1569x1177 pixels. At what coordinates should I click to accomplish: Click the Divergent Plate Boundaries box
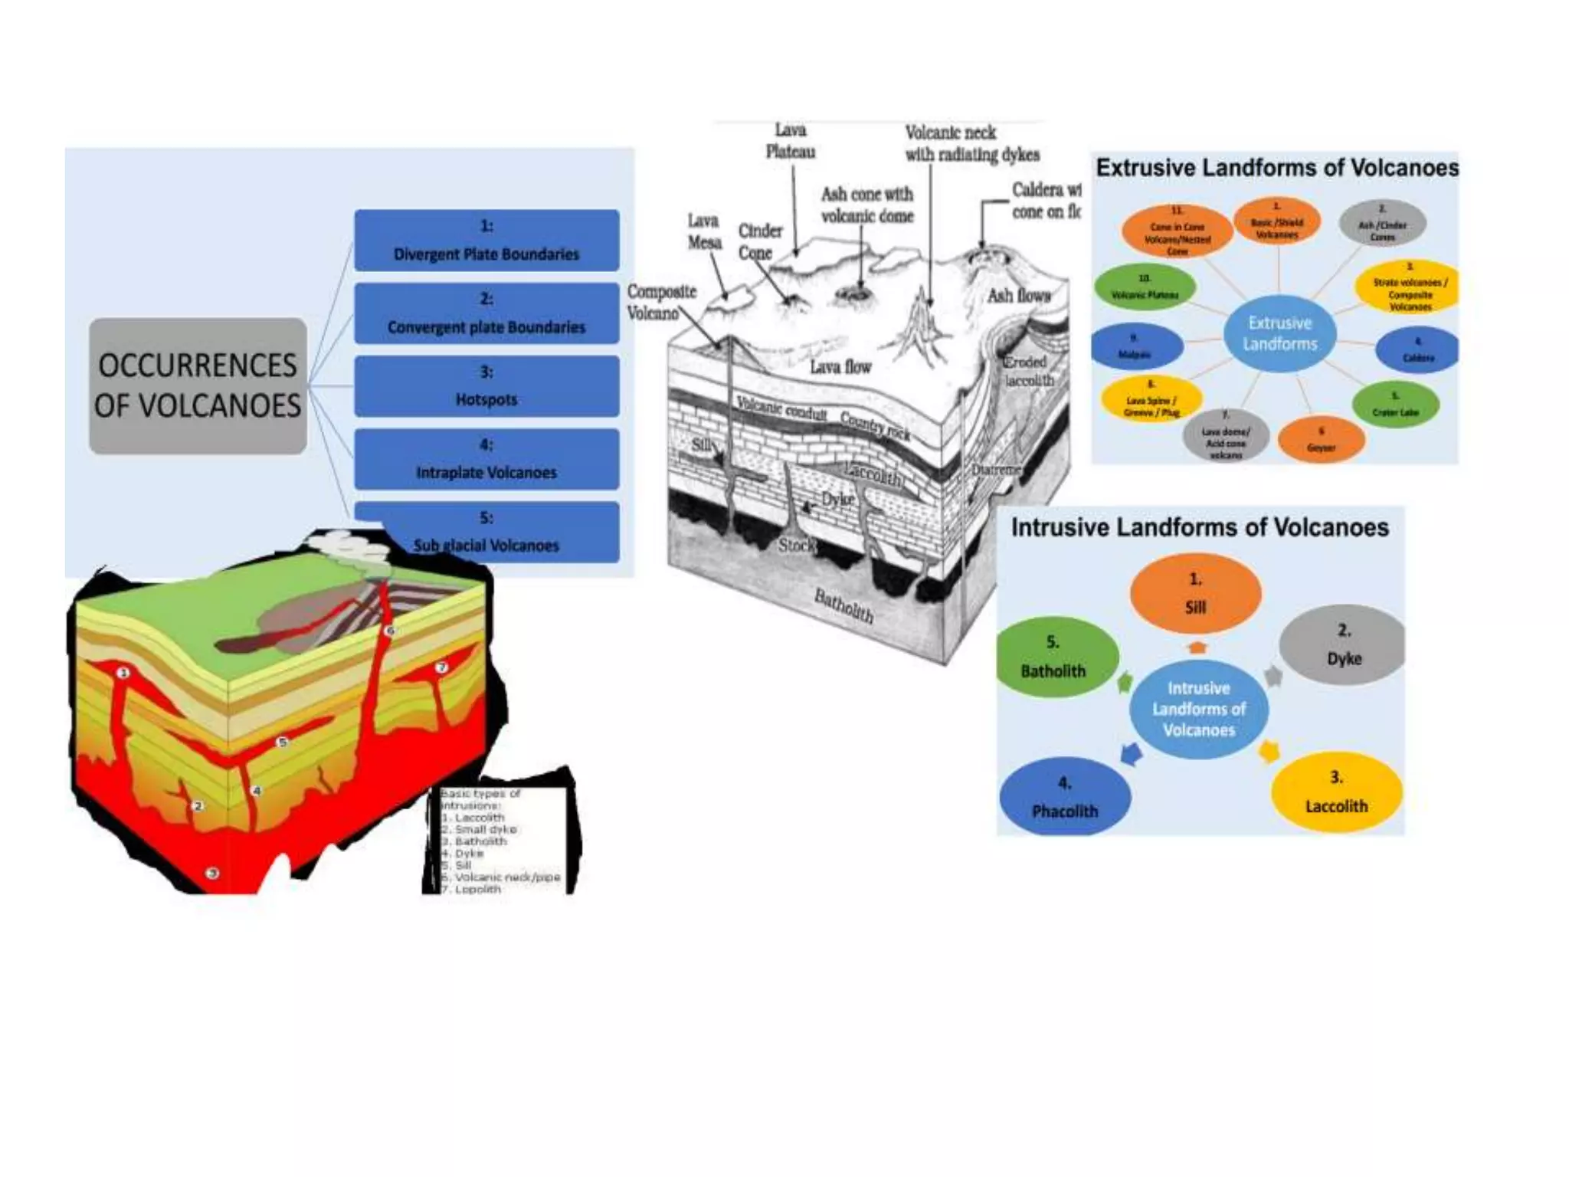[486, 241]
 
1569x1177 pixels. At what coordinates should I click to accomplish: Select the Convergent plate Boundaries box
[486, 313]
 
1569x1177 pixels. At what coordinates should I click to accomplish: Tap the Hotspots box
[486, 386]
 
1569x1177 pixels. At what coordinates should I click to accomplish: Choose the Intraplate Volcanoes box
[486, 459]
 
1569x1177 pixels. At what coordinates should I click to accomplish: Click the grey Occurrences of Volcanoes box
[198, 385]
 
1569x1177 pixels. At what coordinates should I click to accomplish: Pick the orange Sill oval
[1195, 593]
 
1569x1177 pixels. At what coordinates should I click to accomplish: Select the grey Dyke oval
[1343, 644]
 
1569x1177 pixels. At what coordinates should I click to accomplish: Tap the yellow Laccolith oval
[1336, 792]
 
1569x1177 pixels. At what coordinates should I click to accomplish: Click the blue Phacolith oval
[1065, 797]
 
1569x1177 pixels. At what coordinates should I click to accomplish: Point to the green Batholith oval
[1054, 657]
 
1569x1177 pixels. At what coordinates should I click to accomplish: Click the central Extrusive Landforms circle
[1280, 333]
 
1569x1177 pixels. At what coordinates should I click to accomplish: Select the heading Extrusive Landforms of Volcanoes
[1277, 168]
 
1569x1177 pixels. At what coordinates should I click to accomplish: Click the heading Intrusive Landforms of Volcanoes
[1200, 527]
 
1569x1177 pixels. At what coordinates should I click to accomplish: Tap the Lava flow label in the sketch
[840, 367]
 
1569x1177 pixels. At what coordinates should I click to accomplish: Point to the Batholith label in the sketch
[843, 605]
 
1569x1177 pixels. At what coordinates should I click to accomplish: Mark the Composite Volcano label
[661, 302]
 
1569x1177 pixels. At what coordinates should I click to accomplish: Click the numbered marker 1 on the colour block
[123, 673]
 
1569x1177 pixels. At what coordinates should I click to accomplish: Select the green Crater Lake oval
[1395, 404]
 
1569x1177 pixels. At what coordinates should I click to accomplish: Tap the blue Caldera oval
[1417, 349]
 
